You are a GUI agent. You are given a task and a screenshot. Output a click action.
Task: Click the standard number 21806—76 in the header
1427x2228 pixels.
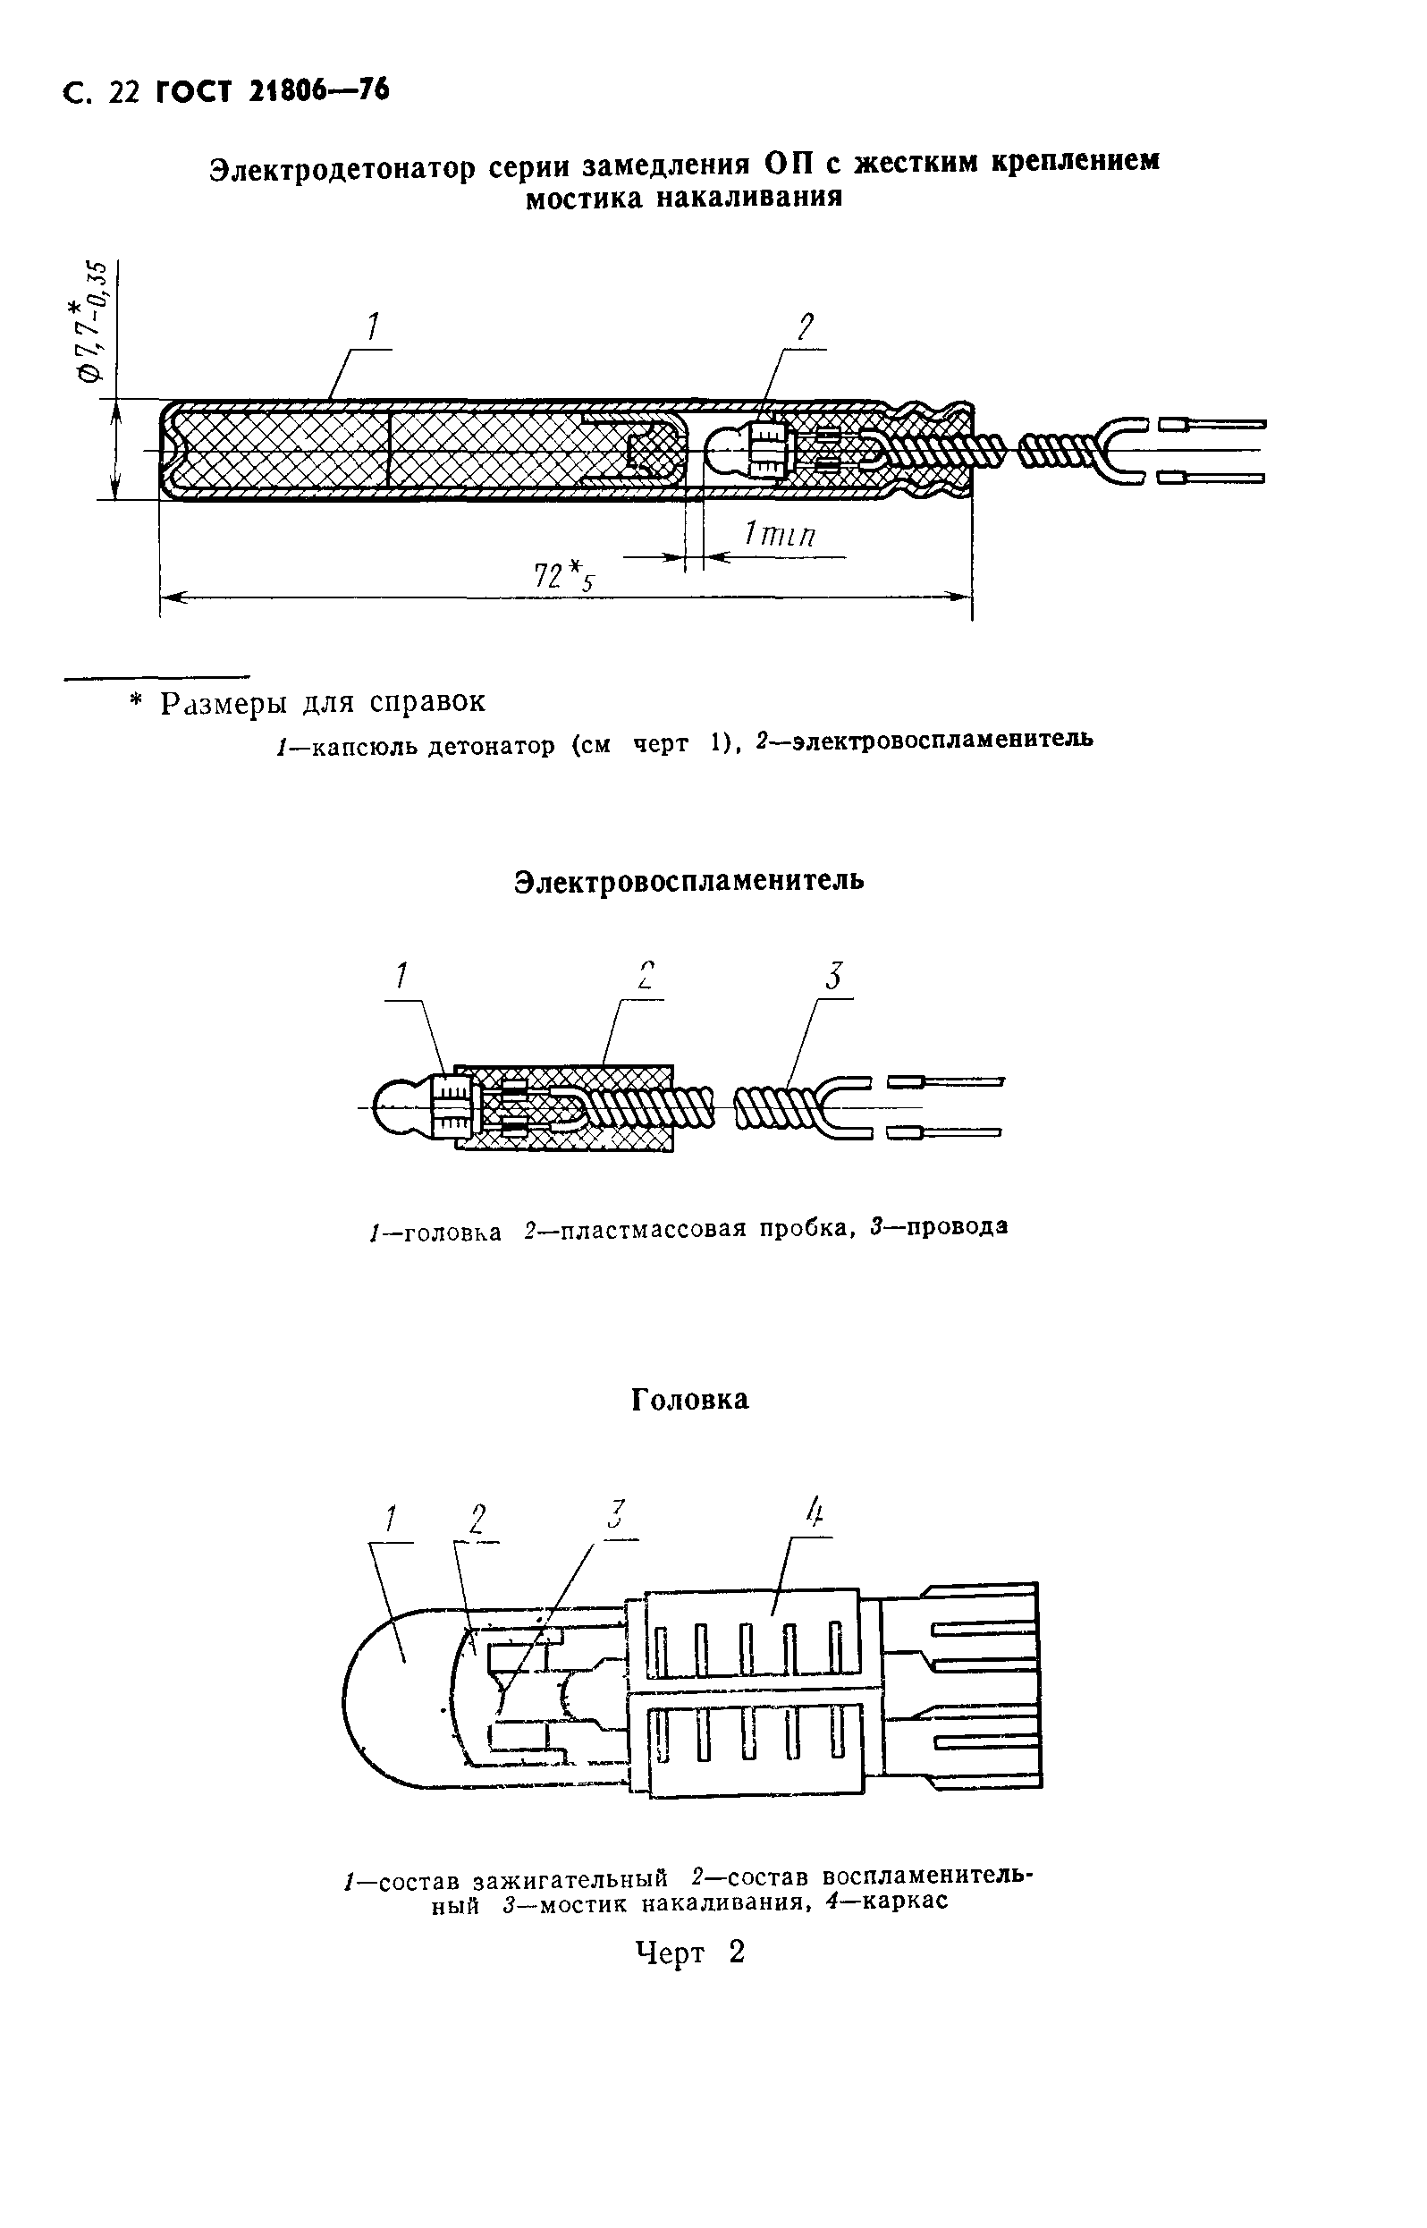(x=317, y=91)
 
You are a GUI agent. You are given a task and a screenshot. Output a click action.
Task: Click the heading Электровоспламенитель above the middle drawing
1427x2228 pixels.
(x=689, y=879)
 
